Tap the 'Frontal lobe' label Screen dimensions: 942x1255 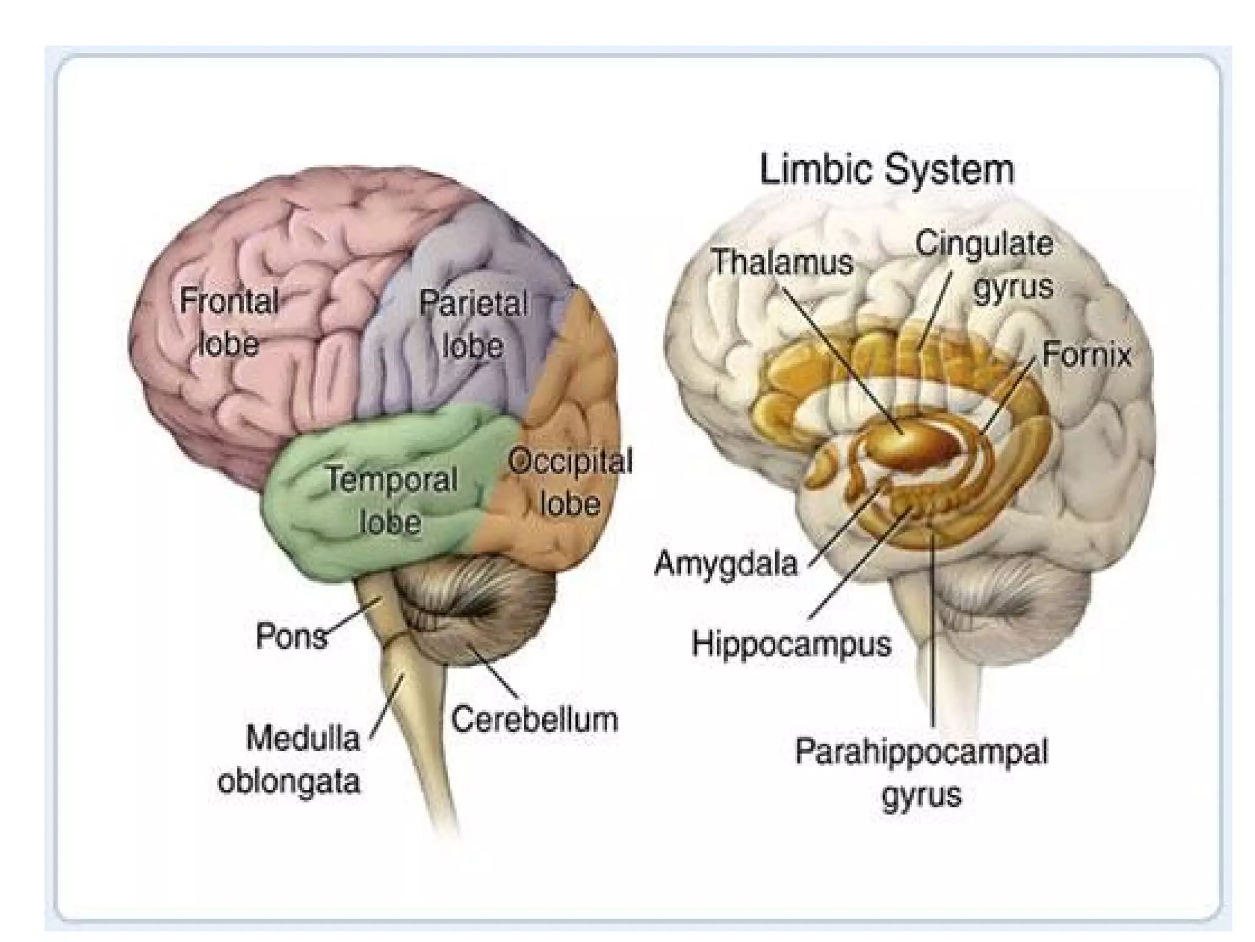(229, 322)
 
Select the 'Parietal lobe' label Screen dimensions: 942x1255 (472, 324)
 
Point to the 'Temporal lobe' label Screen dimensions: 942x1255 (391, 500)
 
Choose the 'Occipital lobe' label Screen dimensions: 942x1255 (570, 482)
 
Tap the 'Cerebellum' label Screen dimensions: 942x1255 (534, 719)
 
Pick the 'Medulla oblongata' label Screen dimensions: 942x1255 (289, 759)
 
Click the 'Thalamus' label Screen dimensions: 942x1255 (783, 262)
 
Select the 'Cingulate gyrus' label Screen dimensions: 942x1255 (985, 265)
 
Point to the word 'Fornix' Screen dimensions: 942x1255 (1086, 354)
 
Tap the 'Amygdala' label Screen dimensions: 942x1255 (726, 562)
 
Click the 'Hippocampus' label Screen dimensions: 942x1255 (791, 644)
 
